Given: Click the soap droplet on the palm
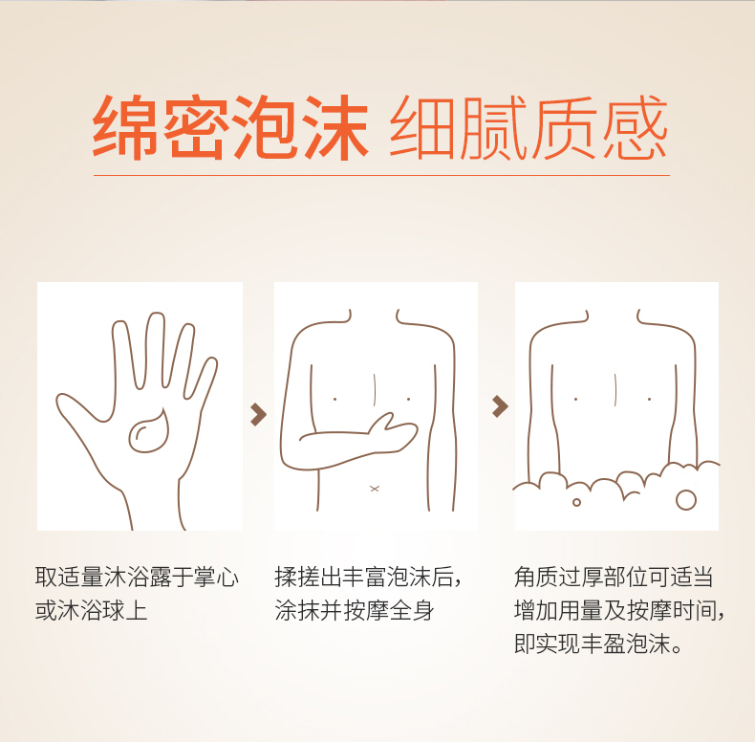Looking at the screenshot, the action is pos(149,431).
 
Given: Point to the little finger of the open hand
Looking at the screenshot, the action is pos(203,377).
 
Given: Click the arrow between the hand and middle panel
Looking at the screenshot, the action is pos(258,415).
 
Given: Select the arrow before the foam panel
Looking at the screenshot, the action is pos(500,406).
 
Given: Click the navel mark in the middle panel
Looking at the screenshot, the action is pos(375,489).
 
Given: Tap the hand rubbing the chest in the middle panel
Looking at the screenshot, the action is pos(391,432).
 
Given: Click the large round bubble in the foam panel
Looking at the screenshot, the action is pos(686,500).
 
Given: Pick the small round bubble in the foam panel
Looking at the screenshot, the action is pos(576,503).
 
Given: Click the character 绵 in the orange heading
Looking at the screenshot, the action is pos(125,127).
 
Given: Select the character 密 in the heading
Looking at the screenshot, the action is pos(195,127).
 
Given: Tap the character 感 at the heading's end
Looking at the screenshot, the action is pos(636,127).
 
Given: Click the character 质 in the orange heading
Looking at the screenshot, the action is pos(565,127).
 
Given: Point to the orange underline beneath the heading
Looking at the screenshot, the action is pos(381,175).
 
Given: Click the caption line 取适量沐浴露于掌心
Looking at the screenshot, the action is pos(137,578).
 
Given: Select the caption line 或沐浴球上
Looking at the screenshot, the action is pos(91,610).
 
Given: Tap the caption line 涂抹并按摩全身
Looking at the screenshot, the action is pos(355,610).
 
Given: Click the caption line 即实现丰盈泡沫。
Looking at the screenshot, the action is pos(598,644).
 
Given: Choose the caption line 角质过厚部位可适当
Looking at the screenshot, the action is pos(614,578).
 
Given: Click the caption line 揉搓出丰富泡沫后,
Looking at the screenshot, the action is pos(368,578).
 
